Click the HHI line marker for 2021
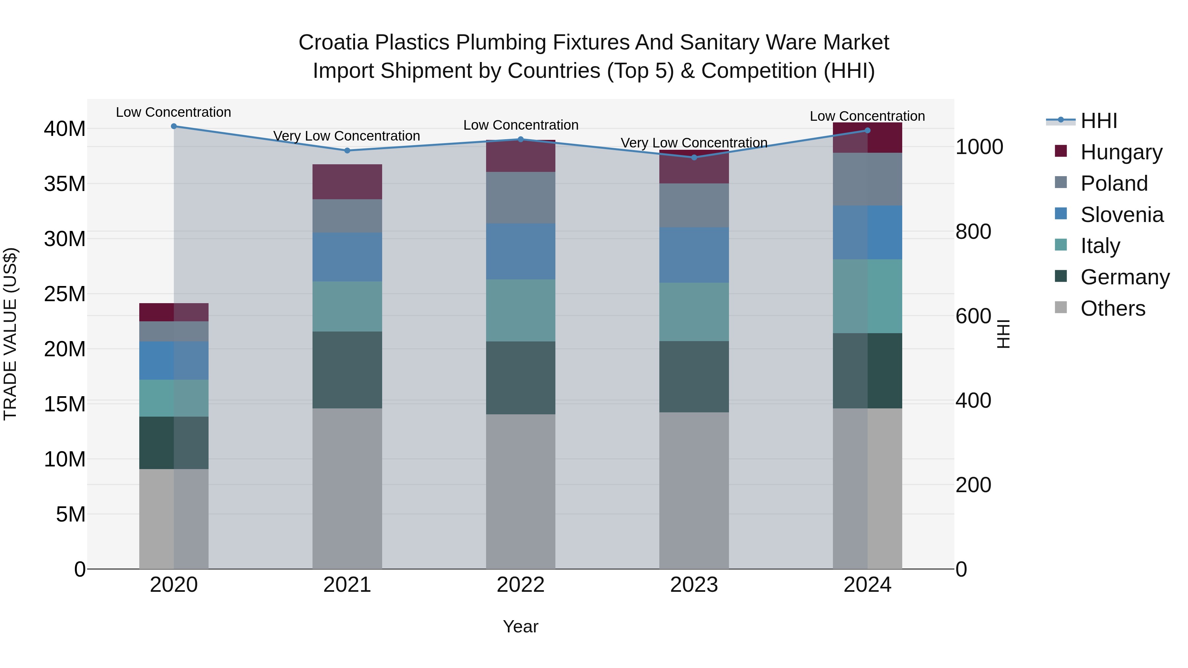pos(347,150)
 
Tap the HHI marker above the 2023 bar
pos(694,157)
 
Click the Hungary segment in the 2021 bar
pos(347,182)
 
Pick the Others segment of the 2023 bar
pos(694,490)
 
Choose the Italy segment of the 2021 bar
pos(347,306)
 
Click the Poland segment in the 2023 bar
pos(694,205)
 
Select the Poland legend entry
pos(1114,183)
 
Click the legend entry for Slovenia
pos(1122,215)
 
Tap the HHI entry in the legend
pos(1099,121)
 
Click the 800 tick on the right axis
pos(973,232)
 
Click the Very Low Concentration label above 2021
pos(346,136)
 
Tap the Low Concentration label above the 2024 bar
pos(867,116)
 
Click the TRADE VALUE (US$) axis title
pos(10,334)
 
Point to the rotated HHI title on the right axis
pos(1004,334)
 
